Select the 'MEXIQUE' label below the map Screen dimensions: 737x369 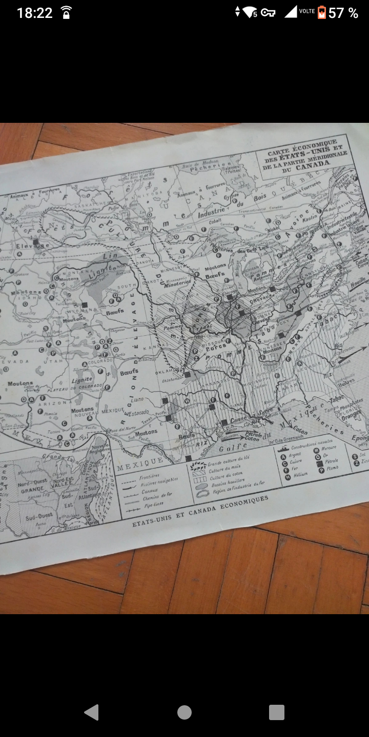140,464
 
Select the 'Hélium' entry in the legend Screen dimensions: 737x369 300,474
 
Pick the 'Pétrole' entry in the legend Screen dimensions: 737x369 331,461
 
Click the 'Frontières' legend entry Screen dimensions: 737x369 150,475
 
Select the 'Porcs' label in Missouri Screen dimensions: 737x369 216,345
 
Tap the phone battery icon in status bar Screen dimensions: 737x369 322,12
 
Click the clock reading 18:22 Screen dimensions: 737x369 34,13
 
